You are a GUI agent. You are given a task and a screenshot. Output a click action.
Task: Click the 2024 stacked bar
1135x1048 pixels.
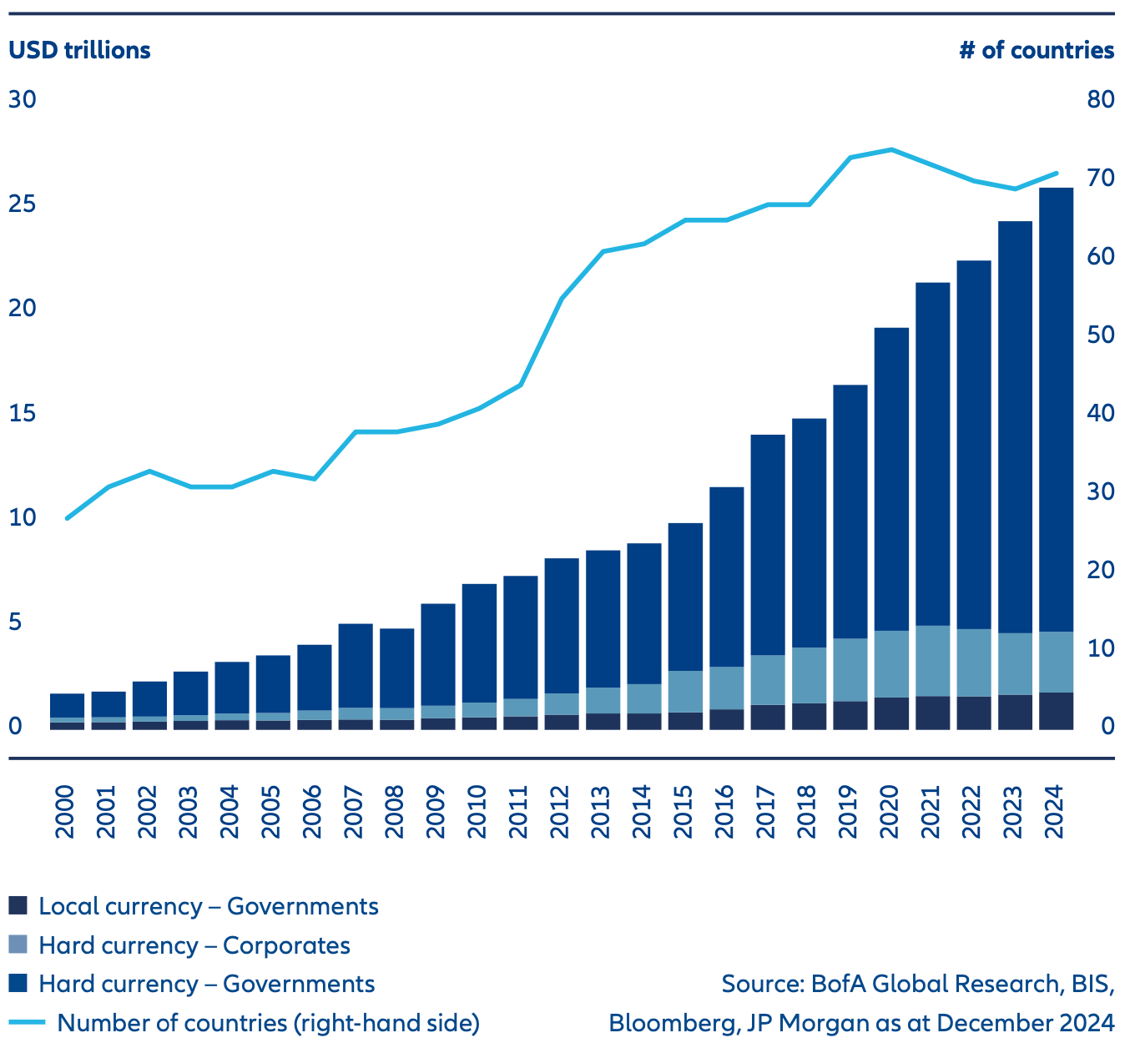coord(1056,459)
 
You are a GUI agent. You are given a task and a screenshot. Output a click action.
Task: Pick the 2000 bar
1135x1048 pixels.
coord(68,711)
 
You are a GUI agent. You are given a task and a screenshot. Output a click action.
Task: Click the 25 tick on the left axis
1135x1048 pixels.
coord(23,204)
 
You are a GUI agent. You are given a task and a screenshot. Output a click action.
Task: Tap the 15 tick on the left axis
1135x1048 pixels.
coord(23,414)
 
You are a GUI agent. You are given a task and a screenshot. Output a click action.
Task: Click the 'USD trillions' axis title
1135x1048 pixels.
coord(79,50)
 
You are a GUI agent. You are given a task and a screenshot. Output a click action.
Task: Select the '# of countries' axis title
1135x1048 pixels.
coord(1037,50)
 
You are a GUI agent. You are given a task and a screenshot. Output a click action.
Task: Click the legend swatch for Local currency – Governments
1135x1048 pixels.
coord(18,906)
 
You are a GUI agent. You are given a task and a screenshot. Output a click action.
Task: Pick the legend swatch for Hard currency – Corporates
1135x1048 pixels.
coord(18,945)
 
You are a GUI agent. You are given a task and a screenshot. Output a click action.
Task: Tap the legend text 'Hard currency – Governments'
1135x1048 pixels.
coord(206,984)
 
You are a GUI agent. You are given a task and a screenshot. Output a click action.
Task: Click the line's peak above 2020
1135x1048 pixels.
coord(891,149)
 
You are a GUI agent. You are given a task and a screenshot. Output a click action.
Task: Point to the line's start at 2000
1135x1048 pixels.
coord(67,519)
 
